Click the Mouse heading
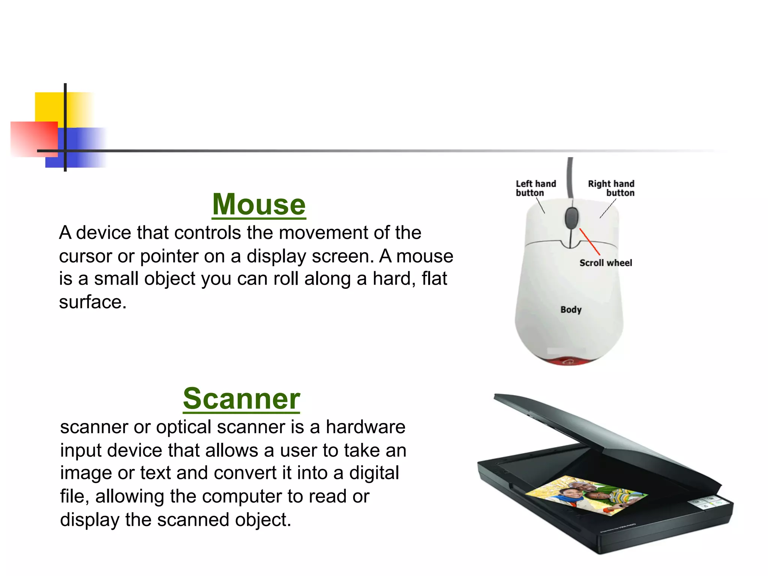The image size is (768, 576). pos(259,204)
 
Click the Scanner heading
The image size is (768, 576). pos(241,399)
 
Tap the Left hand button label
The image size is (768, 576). pos(535,188)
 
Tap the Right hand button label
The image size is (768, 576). pos(611,188)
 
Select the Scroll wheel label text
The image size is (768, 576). pos(605,263)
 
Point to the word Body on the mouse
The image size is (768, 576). pos(571,310)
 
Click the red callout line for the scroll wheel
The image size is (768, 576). pos(589,241)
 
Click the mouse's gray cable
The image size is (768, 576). pos(570,176)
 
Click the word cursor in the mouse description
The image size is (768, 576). pos(85,256)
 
